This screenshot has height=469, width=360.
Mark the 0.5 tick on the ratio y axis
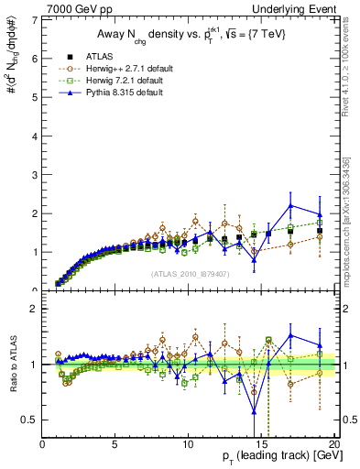coord(30,420)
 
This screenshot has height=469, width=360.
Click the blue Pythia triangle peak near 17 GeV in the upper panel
coord(290,205)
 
